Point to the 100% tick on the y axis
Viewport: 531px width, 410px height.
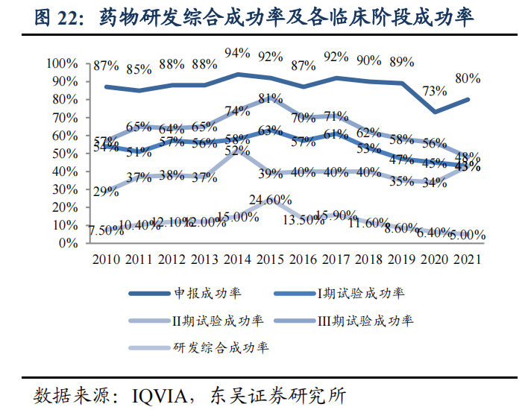(x=63, y=63)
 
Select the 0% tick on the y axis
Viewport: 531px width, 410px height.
(x=69, y=243)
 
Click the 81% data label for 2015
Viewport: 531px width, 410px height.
(x=271, y=98)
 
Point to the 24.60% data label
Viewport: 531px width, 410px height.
(x=269, y=200)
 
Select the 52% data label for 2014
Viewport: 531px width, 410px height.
(x=237, y=151)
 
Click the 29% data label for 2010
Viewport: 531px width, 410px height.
(x=106, y=192)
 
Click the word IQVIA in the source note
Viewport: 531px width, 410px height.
(x=161, y=393)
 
